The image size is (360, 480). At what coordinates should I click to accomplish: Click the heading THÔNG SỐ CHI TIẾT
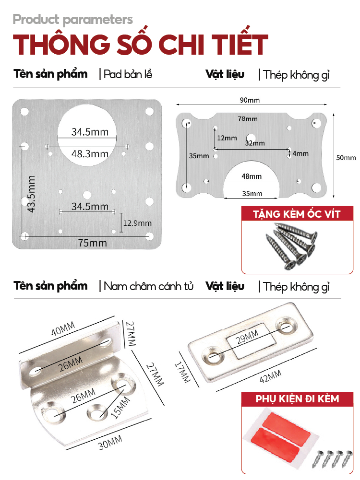coord(140,45)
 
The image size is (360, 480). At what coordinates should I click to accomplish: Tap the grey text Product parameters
coord(73,20)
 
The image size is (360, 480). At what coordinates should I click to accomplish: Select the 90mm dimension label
coord(250,100)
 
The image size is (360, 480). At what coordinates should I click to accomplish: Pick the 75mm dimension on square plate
coord(93,243)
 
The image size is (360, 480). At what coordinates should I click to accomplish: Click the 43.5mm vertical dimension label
coord(31,194)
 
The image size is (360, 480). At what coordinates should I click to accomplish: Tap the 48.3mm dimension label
coord(90,154)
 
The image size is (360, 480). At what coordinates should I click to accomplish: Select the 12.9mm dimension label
coord(137,223)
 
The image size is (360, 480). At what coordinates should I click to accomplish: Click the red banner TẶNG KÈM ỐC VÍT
coord(297,213)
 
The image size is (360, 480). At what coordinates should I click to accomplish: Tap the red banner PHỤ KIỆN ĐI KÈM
coord(297,398)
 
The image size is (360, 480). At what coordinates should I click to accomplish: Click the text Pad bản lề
coord(128,75)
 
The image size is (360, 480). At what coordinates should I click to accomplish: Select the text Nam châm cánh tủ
coord(148,287)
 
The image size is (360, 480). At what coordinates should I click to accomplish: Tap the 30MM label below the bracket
coord(110,441)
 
